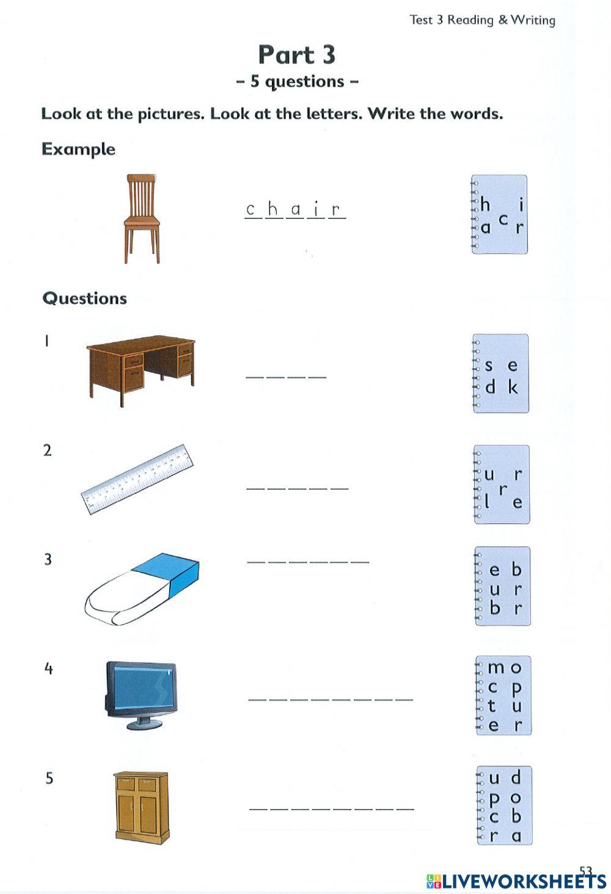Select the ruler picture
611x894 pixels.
tap(137, 479)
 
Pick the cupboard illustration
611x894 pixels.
tap(141, 807)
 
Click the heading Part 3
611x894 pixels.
tap(297, 55)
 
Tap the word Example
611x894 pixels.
tap(78, 149)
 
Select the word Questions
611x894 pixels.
tap(84, 298)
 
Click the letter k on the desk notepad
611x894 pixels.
tap(513, 387)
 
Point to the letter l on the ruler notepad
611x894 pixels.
tap(488, 503)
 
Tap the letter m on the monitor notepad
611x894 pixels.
tap(496, 668)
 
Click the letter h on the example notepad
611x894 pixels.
tap(485, 204)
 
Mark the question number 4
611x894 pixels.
tap(48, 668)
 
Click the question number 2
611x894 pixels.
tap(48, 451)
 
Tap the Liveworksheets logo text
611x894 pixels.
tap(516, 881)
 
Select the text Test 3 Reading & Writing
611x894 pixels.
tap(482, 20)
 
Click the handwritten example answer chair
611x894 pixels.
tap(295, 210)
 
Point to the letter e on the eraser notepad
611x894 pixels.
tap(495, 571)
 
